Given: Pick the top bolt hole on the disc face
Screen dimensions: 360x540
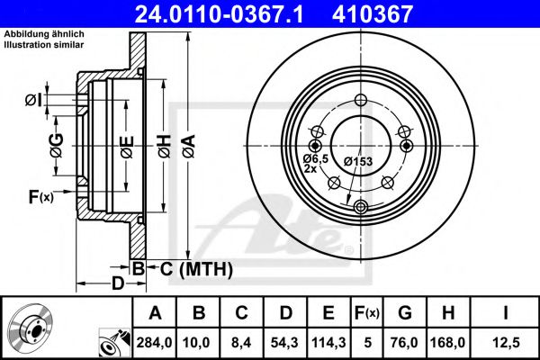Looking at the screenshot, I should pos(361,101).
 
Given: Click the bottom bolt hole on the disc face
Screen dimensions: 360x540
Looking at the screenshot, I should pos(361,208).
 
